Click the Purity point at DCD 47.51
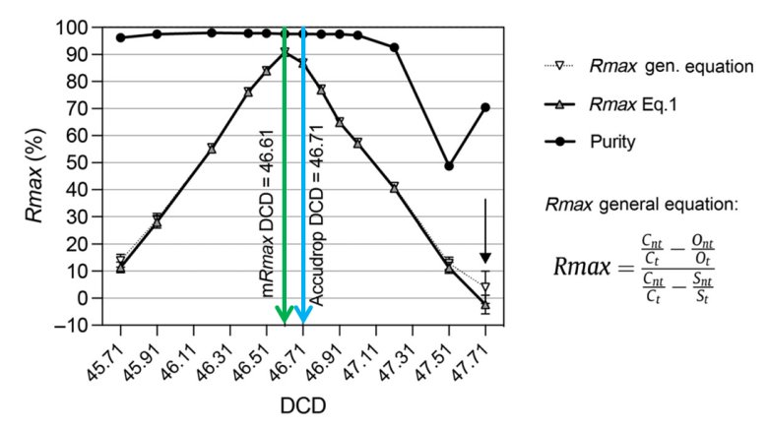(449, 165)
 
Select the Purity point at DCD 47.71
(485, 107)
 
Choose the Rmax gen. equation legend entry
(670, 67)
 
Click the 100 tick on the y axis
(88, 28)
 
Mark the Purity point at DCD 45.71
(120, 37)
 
